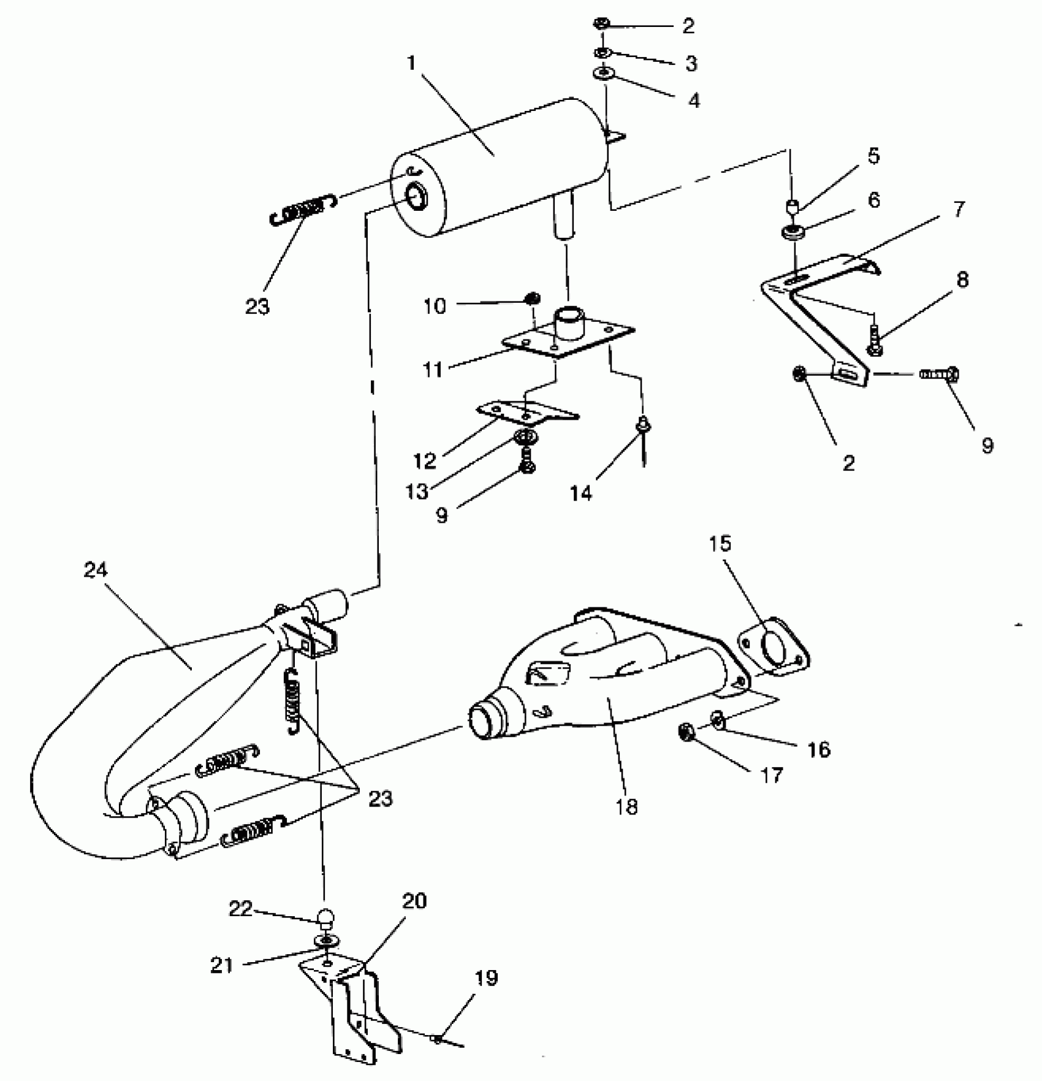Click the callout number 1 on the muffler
[x=411, y=63]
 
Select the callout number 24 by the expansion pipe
[x=96, y=570]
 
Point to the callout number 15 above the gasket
[x=720, y=544]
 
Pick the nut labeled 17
[x=686, y=732]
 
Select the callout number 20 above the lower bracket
[x=414, y=901]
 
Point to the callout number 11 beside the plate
[x=433, y=370]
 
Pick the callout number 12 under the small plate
[x=425, y=460]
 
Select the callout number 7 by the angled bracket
[x=959, y=209]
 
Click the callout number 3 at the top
[x=691, y=63]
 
